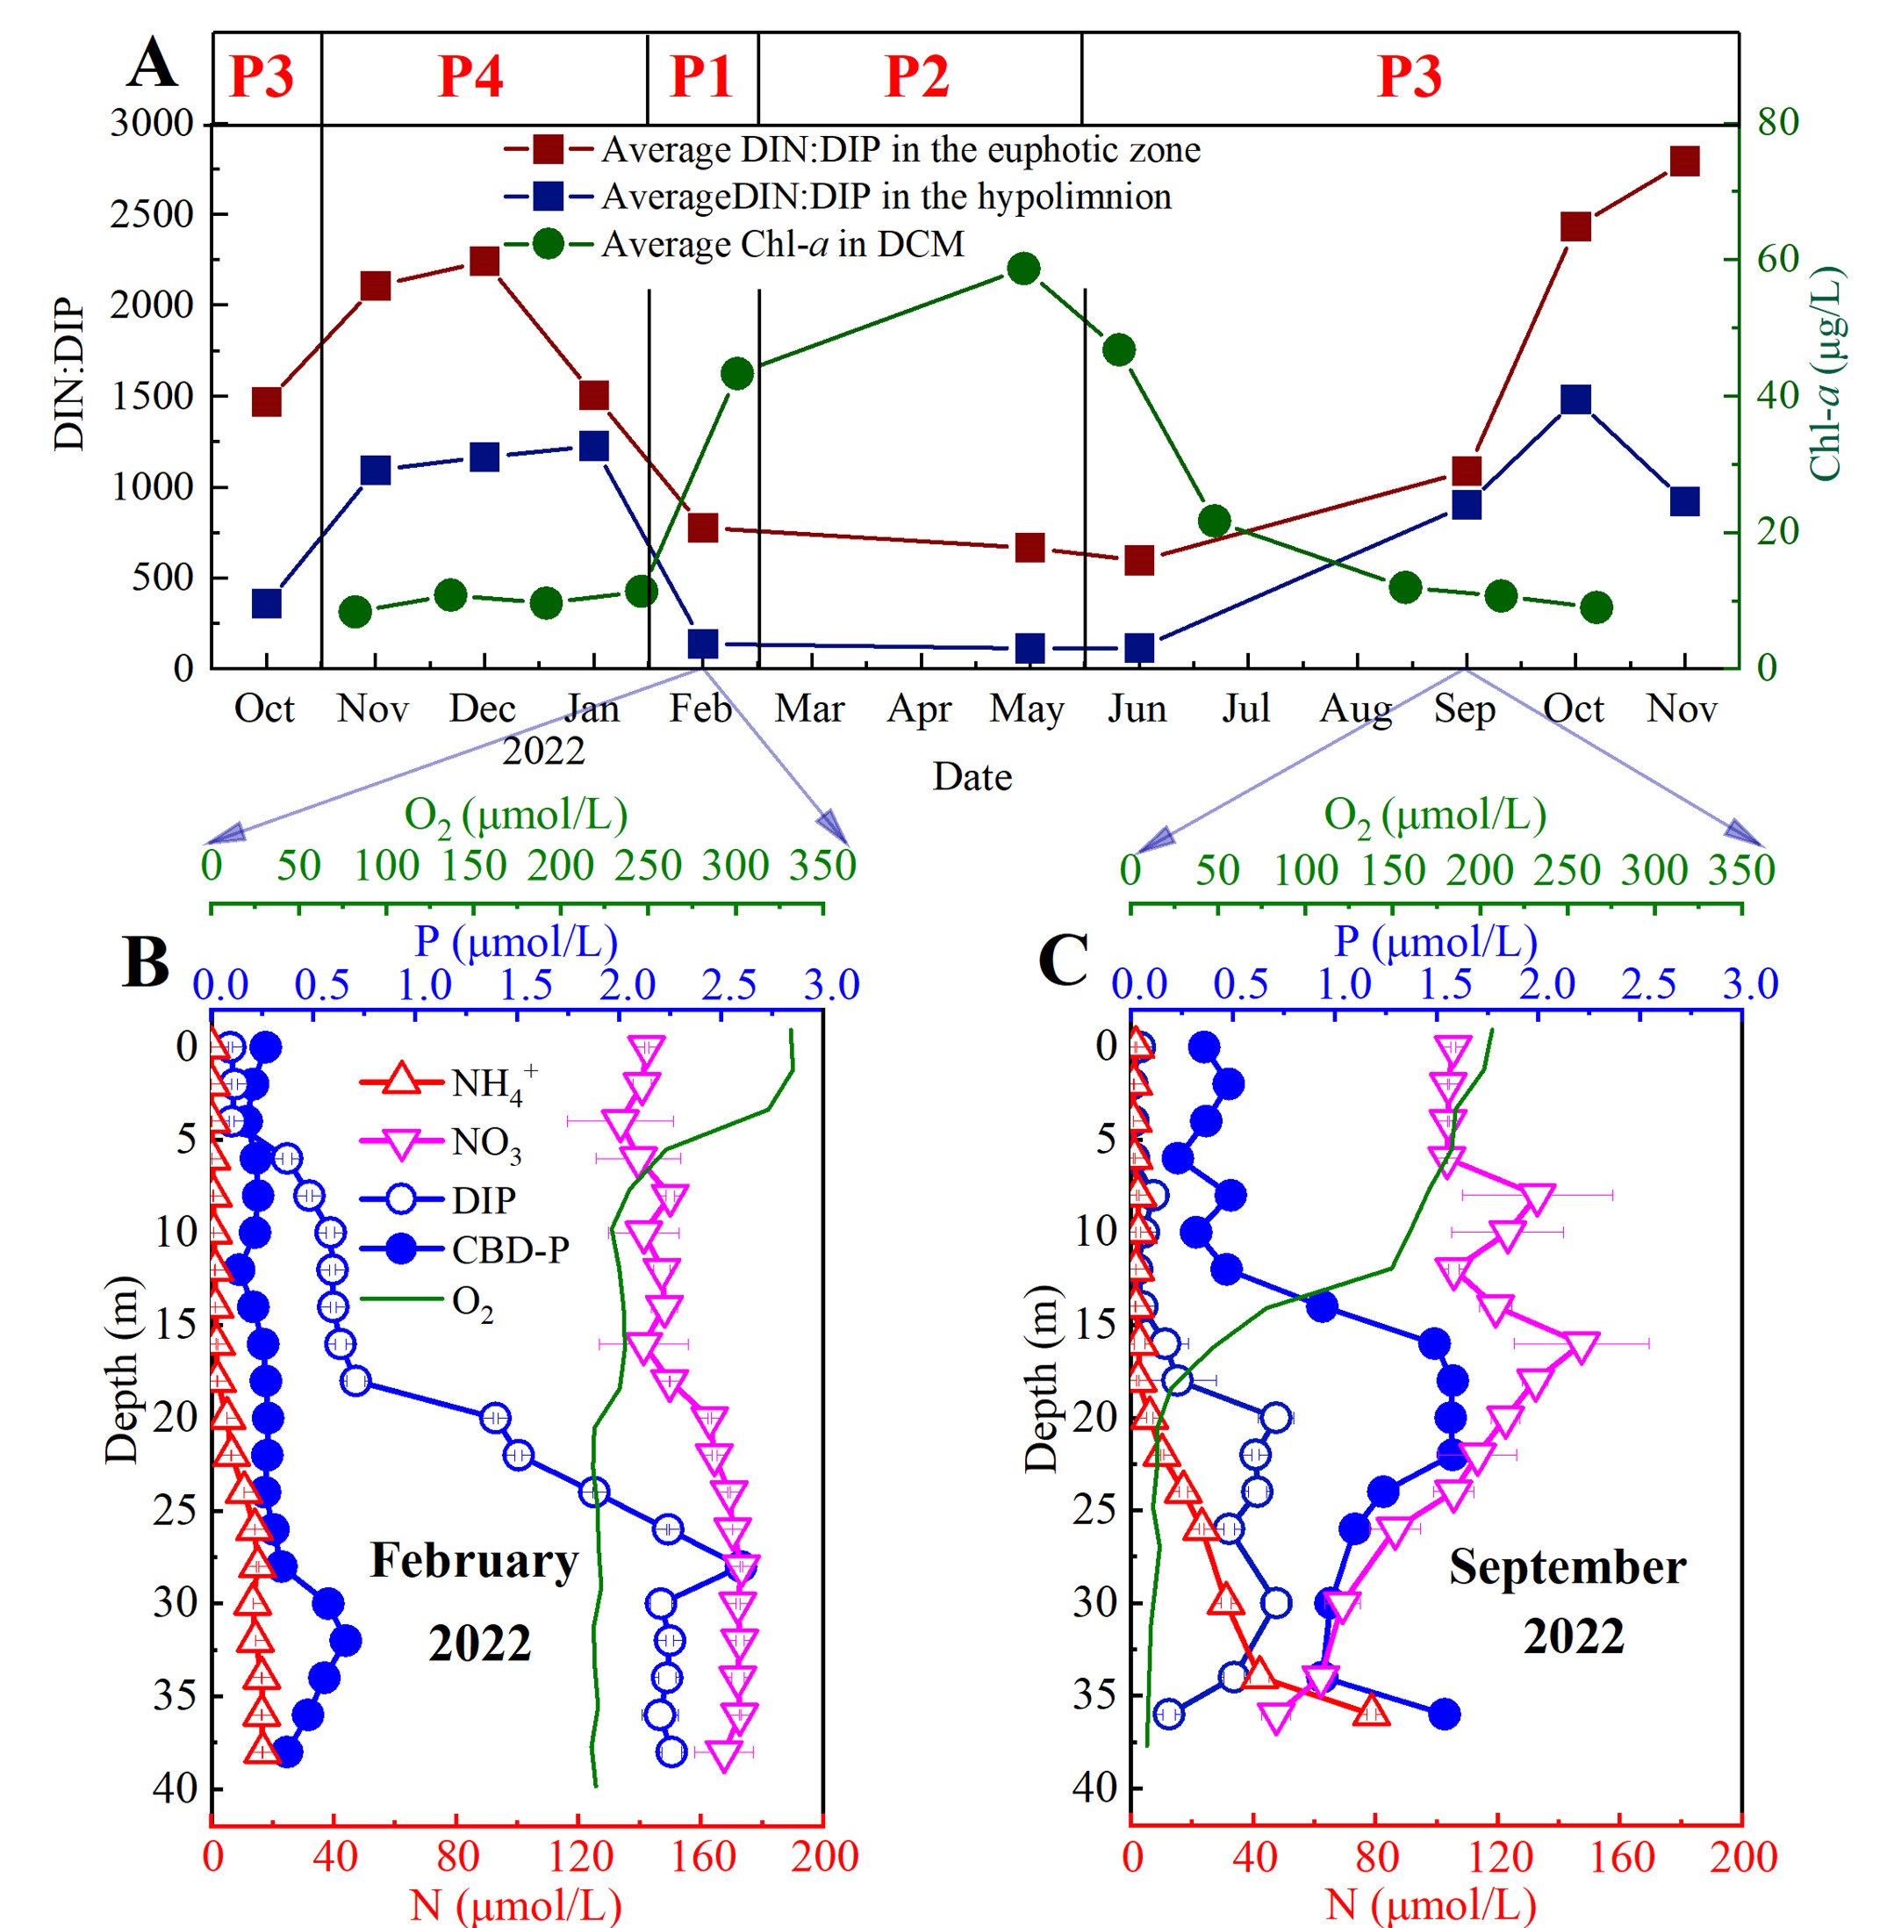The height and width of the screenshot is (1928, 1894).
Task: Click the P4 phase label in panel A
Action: point(470,76)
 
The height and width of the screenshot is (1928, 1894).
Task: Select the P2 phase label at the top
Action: point(916,76)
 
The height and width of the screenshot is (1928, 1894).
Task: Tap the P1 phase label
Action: point(701,76)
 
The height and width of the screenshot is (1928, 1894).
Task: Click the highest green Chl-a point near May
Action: point(1023,269)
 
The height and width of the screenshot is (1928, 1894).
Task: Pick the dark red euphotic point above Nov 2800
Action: point(1684,162)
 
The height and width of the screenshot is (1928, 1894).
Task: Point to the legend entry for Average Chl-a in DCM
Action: point(782,244)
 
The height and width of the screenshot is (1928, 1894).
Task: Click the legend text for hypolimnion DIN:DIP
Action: point(886,196)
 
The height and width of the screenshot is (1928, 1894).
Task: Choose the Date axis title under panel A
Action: point(972,776)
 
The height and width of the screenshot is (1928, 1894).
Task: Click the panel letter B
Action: point(145,962)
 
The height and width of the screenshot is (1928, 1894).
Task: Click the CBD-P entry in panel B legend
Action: point(510,1249)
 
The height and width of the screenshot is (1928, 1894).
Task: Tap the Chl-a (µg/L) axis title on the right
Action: point(1826,374)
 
